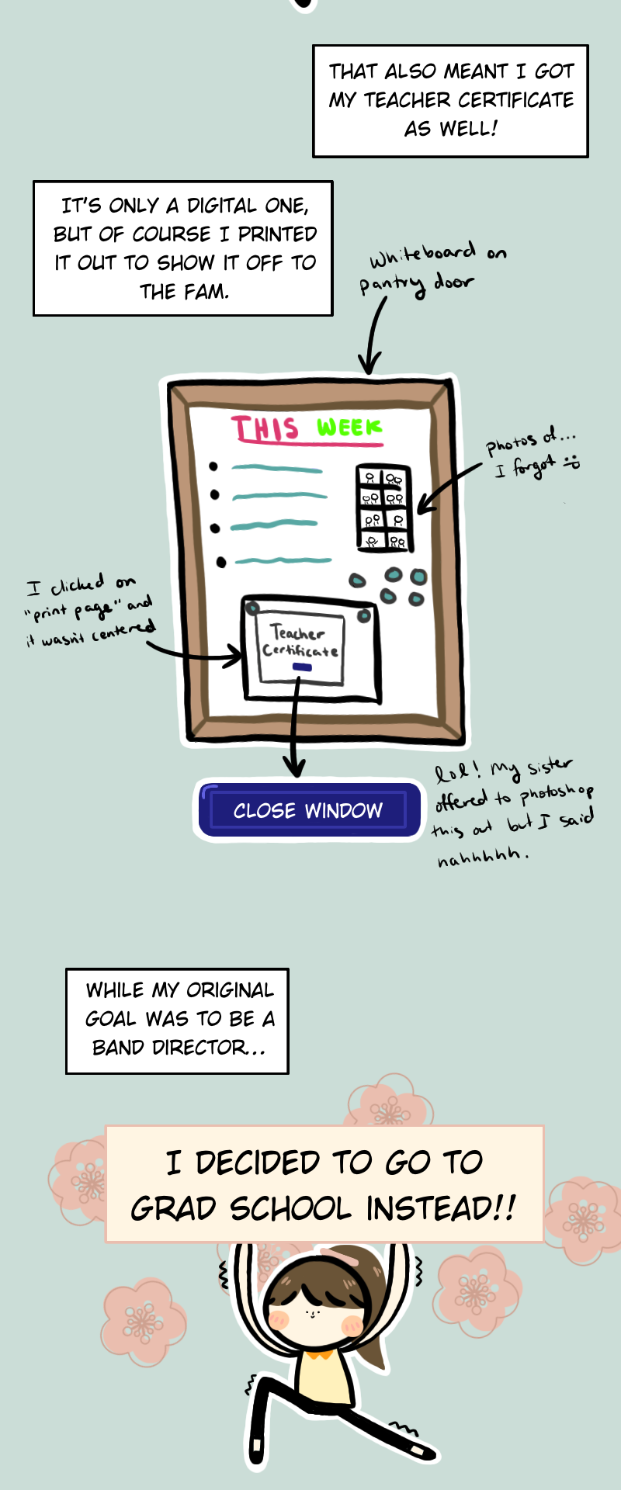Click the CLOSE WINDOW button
[x=308, y=811]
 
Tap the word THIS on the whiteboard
[x=265, y=429]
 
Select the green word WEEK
[x=349, y=428]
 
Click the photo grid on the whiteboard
[x=383, y=508]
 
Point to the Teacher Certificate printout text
[x=299, y=642]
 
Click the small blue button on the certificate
[x=302, y=667]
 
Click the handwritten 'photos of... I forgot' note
[x=533, y=455]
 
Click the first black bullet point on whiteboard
[x=213, y=466]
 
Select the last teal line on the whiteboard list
[x=283, y=560]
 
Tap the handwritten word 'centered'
[x=123, y=632]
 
